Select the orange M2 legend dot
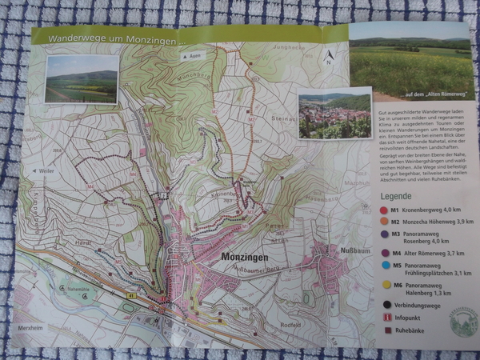point(386,222)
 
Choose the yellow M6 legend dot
point(386,284)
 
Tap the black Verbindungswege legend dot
point(387,303)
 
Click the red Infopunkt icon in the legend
point(387,318)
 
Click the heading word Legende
point(396,195)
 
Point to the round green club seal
point(462,322)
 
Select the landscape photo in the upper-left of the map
point(81,78)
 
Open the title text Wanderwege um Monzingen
point(116,38)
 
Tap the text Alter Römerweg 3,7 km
point(428,252)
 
